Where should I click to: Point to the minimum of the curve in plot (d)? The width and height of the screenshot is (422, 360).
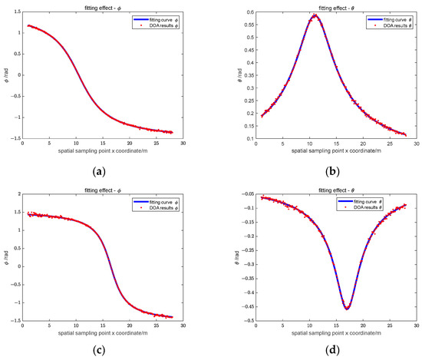[x=347, y=309]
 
